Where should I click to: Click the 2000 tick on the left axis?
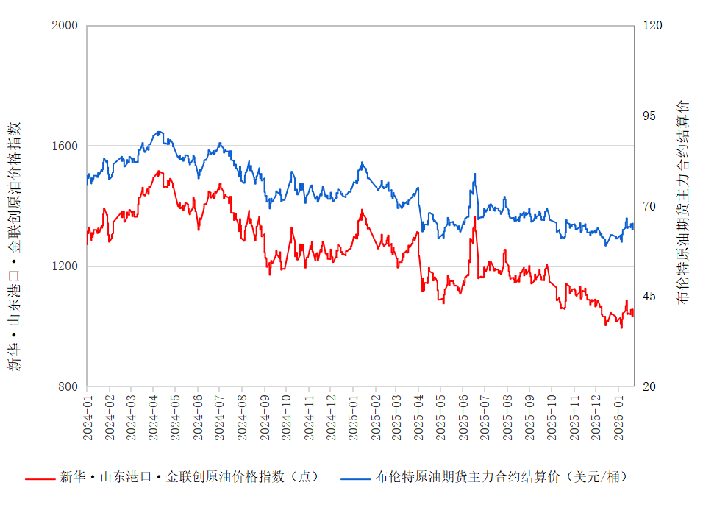click(x=65, y=26)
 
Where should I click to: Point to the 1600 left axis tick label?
click(x=65, y=146)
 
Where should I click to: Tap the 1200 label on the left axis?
click(x=65, y=266)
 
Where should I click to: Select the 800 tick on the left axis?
click(x=68, y=386)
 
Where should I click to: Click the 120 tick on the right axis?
click(x=653, y=26)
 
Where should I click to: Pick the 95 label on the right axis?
click(x=650, y=116)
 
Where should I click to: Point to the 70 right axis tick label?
click(x=650, y=206)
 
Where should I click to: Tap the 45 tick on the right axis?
click(x=650, y=297)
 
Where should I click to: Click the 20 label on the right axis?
click(x=650, y=386)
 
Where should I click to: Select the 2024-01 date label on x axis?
click(x=88, y=417)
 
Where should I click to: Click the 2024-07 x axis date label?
click(x=220, y=417)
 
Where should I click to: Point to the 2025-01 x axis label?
click(x=352, y=417)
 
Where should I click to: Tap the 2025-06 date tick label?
click(x=463, y=417)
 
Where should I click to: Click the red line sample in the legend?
click(x=40, y=478)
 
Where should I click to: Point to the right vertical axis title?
click(x=683, y=202)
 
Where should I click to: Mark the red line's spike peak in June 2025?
click(x=474, y=217)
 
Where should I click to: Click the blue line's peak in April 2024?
click(x=159, y=132)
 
